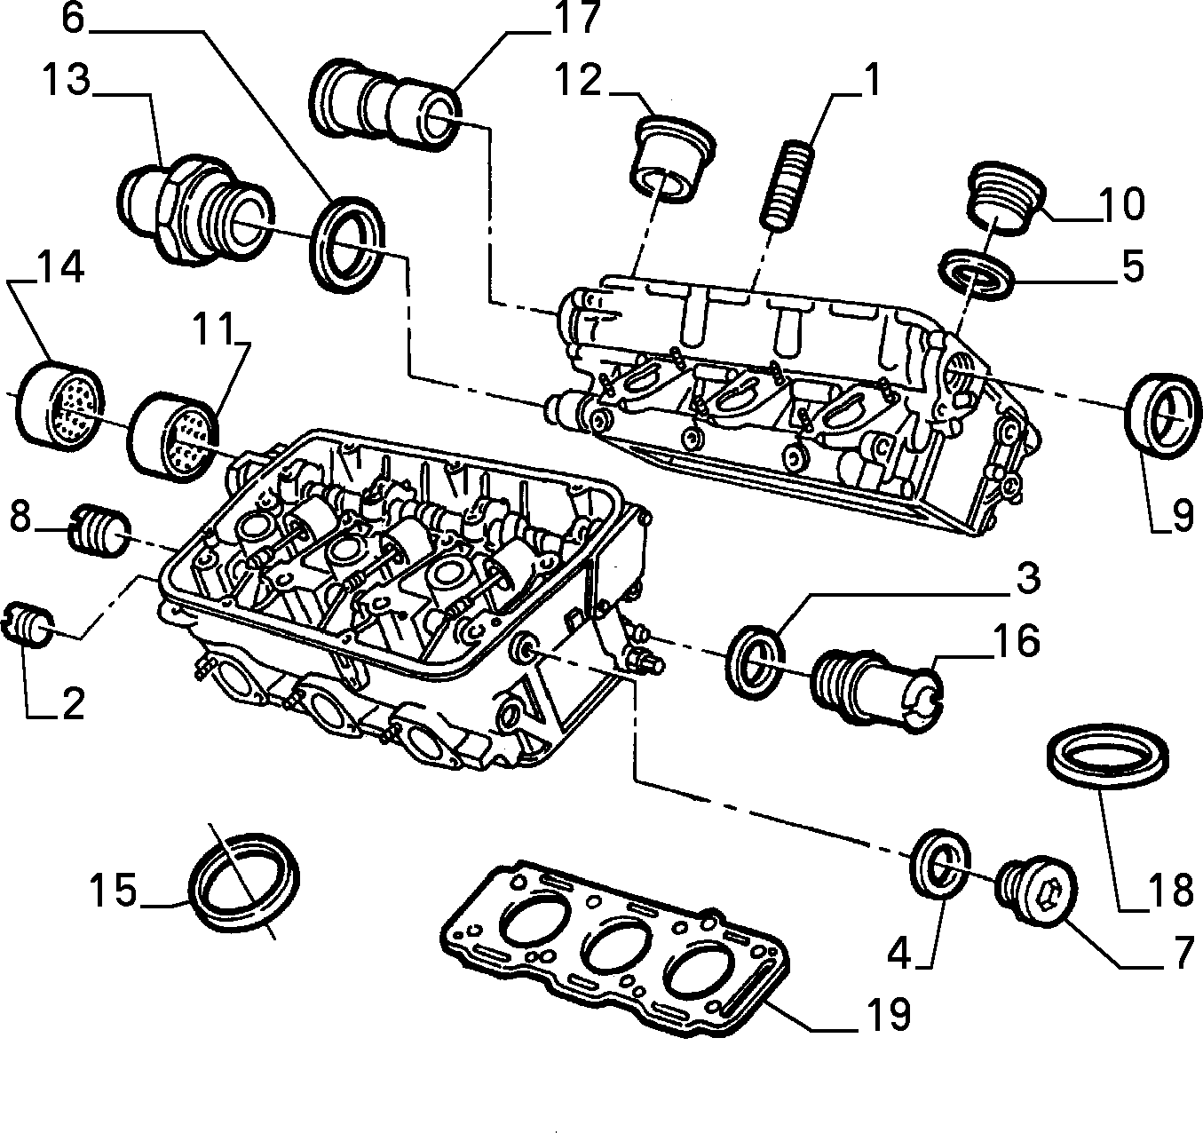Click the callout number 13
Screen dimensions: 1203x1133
point(66,81)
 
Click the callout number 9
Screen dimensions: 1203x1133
point(1181,517)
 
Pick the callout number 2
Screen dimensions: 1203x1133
point(73,703)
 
